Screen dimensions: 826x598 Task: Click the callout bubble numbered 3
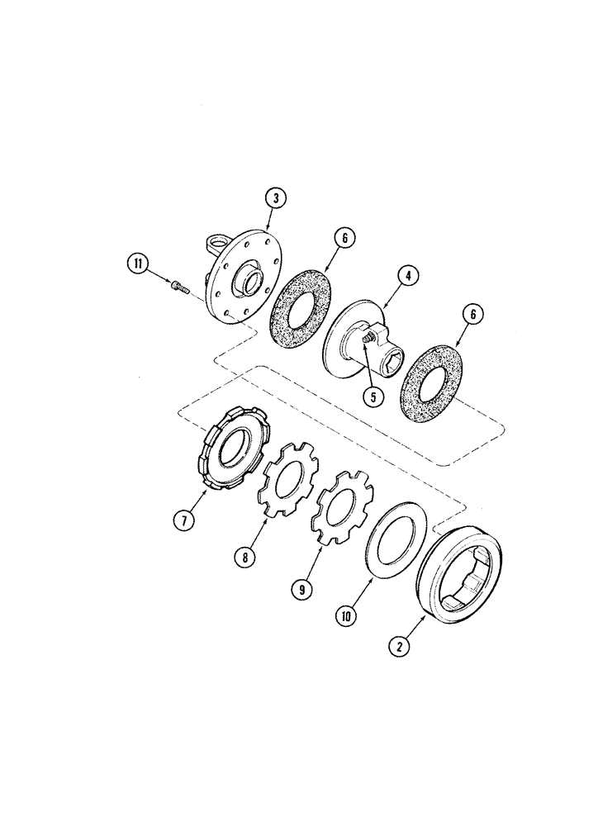(x=275, y=198)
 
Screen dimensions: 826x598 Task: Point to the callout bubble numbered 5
(x=373, y=396)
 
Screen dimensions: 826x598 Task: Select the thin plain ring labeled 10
(x=396, y=541)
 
